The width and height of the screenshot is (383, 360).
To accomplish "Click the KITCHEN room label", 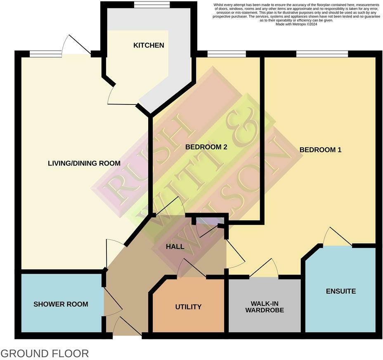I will (149, 45).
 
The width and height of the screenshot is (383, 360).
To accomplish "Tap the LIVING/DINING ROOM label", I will (84, 163).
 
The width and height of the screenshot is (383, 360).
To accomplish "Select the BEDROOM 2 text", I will (206, 147).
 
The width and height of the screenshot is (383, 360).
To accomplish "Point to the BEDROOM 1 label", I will (320, 149).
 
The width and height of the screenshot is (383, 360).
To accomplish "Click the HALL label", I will (175, 246).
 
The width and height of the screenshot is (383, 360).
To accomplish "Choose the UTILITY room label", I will (188, 307).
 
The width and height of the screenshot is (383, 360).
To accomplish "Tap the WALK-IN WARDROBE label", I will (265, 306).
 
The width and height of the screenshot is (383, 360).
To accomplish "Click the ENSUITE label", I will (340, 291).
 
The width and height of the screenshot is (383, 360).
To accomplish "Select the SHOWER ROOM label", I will (61, 304).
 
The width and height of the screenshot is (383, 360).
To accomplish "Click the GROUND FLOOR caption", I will (45, 353).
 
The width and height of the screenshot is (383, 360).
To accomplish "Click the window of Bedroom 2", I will (226, 54).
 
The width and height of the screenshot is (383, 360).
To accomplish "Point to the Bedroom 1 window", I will (322, 54).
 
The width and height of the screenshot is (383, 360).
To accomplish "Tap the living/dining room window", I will (45, 54).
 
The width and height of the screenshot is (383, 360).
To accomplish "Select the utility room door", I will (191, 269).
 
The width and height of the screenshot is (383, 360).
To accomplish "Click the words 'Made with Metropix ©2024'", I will (296, 24).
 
